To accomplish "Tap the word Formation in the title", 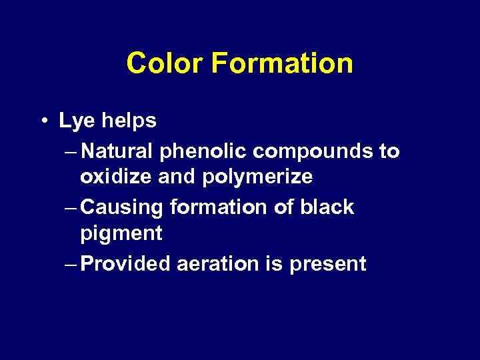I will tap(282, 64).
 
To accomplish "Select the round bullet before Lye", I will tap(43, 121).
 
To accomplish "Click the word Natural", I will tap(119, 151).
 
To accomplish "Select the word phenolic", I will tap(203, 152).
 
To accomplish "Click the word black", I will tap(327, 207).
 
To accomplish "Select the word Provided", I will tap(127, 264).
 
